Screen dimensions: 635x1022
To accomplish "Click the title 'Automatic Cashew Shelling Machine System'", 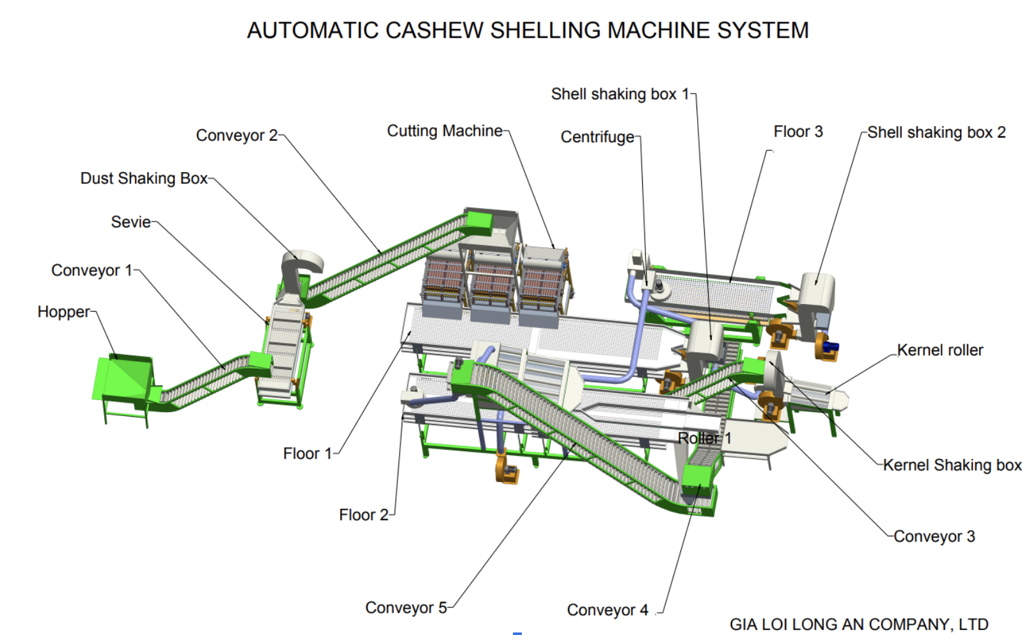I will coord(528,30).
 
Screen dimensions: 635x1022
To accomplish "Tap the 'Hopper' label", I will coord(63,312).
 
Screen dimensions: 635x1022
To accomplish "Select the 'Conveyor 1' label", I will coord(91,270).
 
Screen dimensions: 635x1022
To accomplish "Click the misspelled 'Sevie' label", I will coord(131,222).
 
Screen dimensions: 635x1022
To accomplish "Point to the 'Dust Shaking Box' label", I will coord(144,178).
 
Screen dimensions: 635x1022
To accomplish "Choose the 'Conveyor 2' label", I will coord(237,136).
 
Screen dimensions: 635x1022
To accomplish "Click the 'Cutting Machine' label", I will coord(444,131).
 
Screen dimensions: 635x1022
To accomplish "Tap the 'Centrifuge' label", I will coord(597,137).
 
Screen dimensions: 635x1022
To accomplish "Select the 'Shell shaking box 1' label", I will coord(620,94).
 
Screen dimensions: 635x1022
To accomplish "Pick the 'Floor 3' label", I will coord(798,132).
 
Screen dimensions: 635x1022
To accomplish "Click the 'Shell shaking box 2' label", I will coord(936,133).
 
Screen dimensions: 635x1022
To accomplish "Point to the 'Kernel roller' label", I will coord(939,350).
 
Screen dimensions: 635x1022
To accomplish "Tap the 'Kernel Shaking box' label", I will coord(952,465).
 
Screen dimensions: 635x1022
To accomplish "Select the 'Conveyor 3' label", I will coord(934,536).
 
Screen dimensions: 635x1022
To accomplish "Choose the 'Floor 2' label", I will coord(363,515).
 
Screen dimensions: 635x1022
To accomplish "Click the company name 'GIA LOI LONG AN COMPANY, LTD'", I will coord(859,624).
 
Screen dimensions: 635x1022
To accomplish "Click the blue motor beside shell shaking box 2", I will coord(831,348).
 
